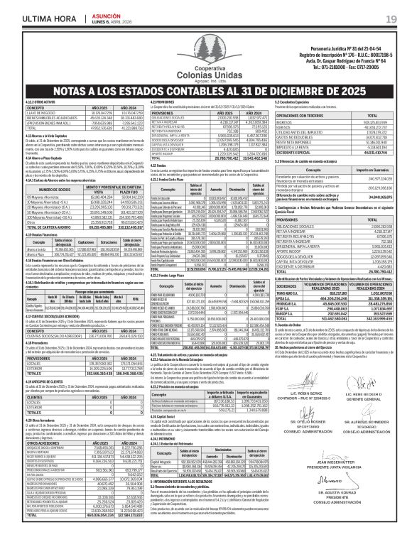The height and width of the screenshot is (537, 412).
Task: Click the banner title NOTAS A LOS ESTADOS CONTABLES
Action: (x=206, y=90)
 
